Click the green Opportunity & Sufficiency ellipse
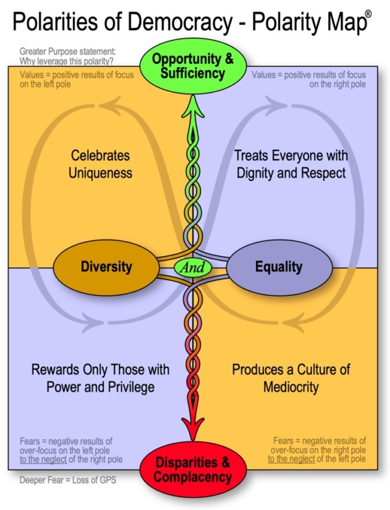point(192,66)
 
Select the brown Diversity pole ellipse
point(106,266)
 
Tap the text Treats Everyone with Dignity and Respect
point(291,164)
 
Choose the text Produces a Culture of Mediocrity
point(291,377)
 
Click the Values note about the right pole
point(307,79)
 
